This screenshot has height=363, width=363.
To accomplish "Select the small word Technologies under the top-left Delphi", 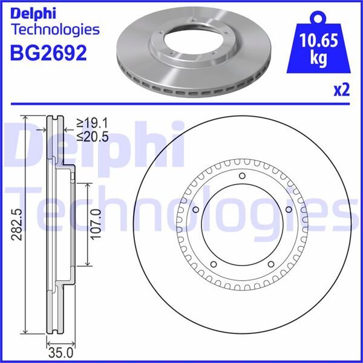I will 55,28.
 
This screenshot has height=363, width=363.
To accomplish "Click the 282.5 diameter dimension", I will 16,224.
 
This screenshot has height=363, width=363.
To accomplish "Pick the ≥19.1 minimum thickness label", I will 92,122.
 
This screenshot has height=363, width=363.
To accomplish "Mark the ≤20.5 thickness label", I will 92,137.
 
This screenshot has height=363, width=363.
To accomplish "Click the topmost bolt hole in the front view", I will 242,176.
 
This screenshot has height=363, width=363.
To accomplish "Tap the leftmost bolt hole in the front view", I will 195,211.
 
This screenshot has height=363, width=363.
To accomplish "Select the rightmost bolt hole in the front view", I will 289,211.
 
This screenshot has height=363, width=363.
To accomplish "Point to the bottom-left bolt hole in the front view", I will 214,264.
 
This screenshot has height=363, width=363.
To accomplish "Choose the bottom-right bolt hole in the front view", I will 270,264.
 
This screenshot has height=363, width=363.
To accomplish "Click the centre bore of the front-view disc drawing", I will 242,224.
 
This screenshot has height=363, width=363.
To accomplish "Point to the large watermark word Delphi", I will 97,145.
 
